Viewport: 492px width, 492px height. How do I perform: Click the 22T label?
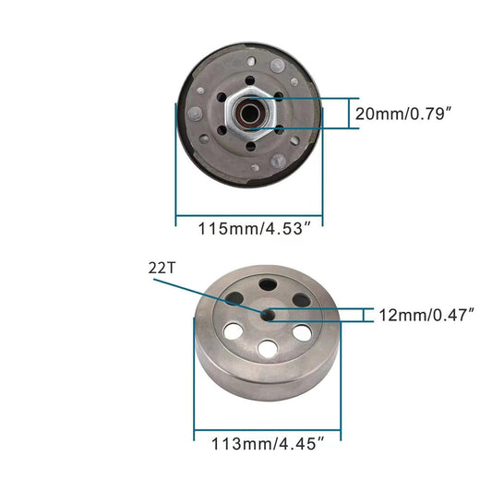(x=161, y=269)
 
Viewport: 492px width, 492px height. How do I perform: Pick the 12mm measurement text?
(x=399, y=315)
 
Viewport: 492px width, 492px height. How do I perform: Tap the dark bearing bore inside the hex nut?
(x=246, y=114)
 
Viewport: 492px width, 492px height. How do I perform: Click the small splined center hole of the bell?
(x=267, y=315)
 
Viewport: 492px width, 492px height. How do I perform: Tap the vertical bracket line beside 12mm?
(x=372, y=315)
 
